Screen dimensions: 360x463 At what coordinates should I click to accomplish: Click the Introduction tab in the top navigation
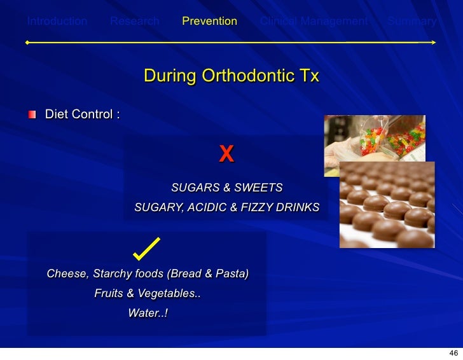pyautogui.click(x=57, y=21)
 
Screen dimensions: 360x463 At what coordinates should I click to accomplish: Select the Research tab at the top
pyautogui.click(x=135, y=21)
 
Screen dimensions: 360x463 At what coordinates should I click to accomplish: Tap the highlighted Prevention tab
pyautogui.click(x=209, y=21)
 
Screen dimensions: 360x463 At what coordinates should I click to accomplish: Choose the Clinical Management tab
pyautogui.click(x=314, y=21)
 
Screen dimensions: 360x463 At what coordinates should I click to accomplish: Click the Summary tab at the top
pyautogui.click(x=412, y=21)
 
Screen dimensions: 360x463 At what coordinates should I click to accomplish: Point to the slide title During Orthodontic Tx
pyautogui.click(x=231, y=76)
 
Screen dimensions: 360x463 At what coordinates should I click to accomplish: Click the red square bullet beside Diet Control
pyautogui.click(x=32, y=114)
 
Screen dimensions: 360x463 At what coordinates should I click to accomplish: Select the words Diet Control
pyautogui.click(x=82, y=114)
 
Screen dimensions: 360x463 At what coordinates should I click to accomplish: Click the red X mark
pyautogui.click(x=226, y=153)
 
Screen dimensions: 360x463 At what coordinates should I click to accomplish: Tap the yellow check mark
pyautogui.click(x=147, y=249)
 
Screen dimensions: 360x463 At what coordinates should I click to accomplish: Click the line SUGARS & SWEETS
pyautogui.click(x=226, y=188)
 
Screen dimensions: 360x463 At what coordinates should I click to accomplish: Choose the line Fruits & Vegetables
pyautogui.click(x=148, y=294)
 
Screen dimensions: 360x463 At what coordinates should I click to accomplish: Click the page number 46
pyautogui.click(x=453, y=352)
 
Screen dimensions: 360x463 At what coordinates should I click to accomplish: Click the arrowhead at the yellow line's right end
pyautogui.click(x=433, y=43)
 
